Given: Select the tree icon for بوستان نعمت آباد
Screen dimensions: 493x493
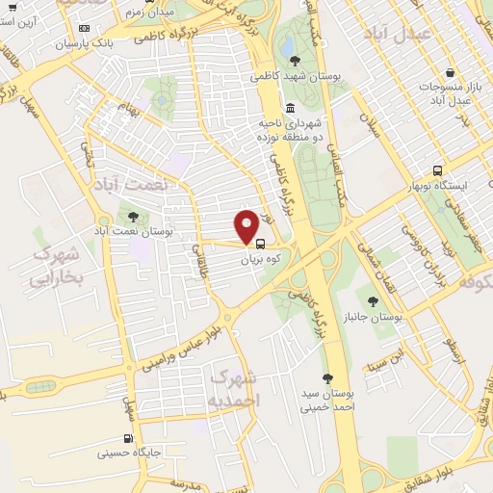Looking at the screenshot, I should pyautogui.click(x=133, y=217).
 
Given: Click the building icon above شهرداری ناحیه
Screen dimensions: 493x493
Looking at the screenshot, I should pyautogui.click(x=291, y=108).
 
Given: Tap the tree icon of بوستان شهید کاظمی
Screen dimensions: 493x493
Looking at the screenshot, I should pyautogui.click(x=295, y=61).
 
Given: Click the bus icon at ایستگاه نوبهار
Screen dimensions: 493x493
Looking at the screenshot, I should pyautogui.click(x=437, y=169).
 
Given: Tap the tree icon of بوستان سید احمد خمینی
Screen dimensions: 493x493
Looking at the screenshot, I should pyautogui.click(x=327, y=378).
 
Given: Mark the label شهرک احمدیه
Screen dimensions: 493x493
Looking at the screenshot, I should pyautogui.click(x=234, y=387).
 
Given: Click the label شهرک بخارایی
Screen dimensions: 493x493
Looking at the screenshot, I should pyautogui.click(x=58, y=266).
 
